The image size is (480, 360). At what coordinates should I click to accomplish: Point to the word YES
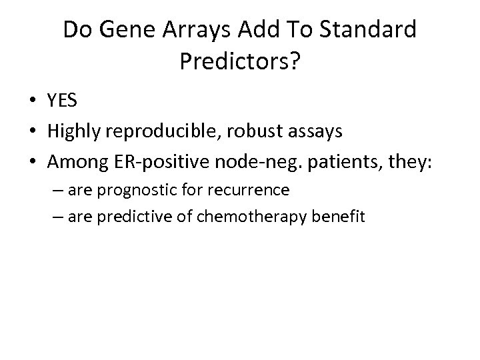coord(63,101)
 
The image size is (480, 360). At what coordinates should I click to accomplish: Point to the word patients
coord(339,161)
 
